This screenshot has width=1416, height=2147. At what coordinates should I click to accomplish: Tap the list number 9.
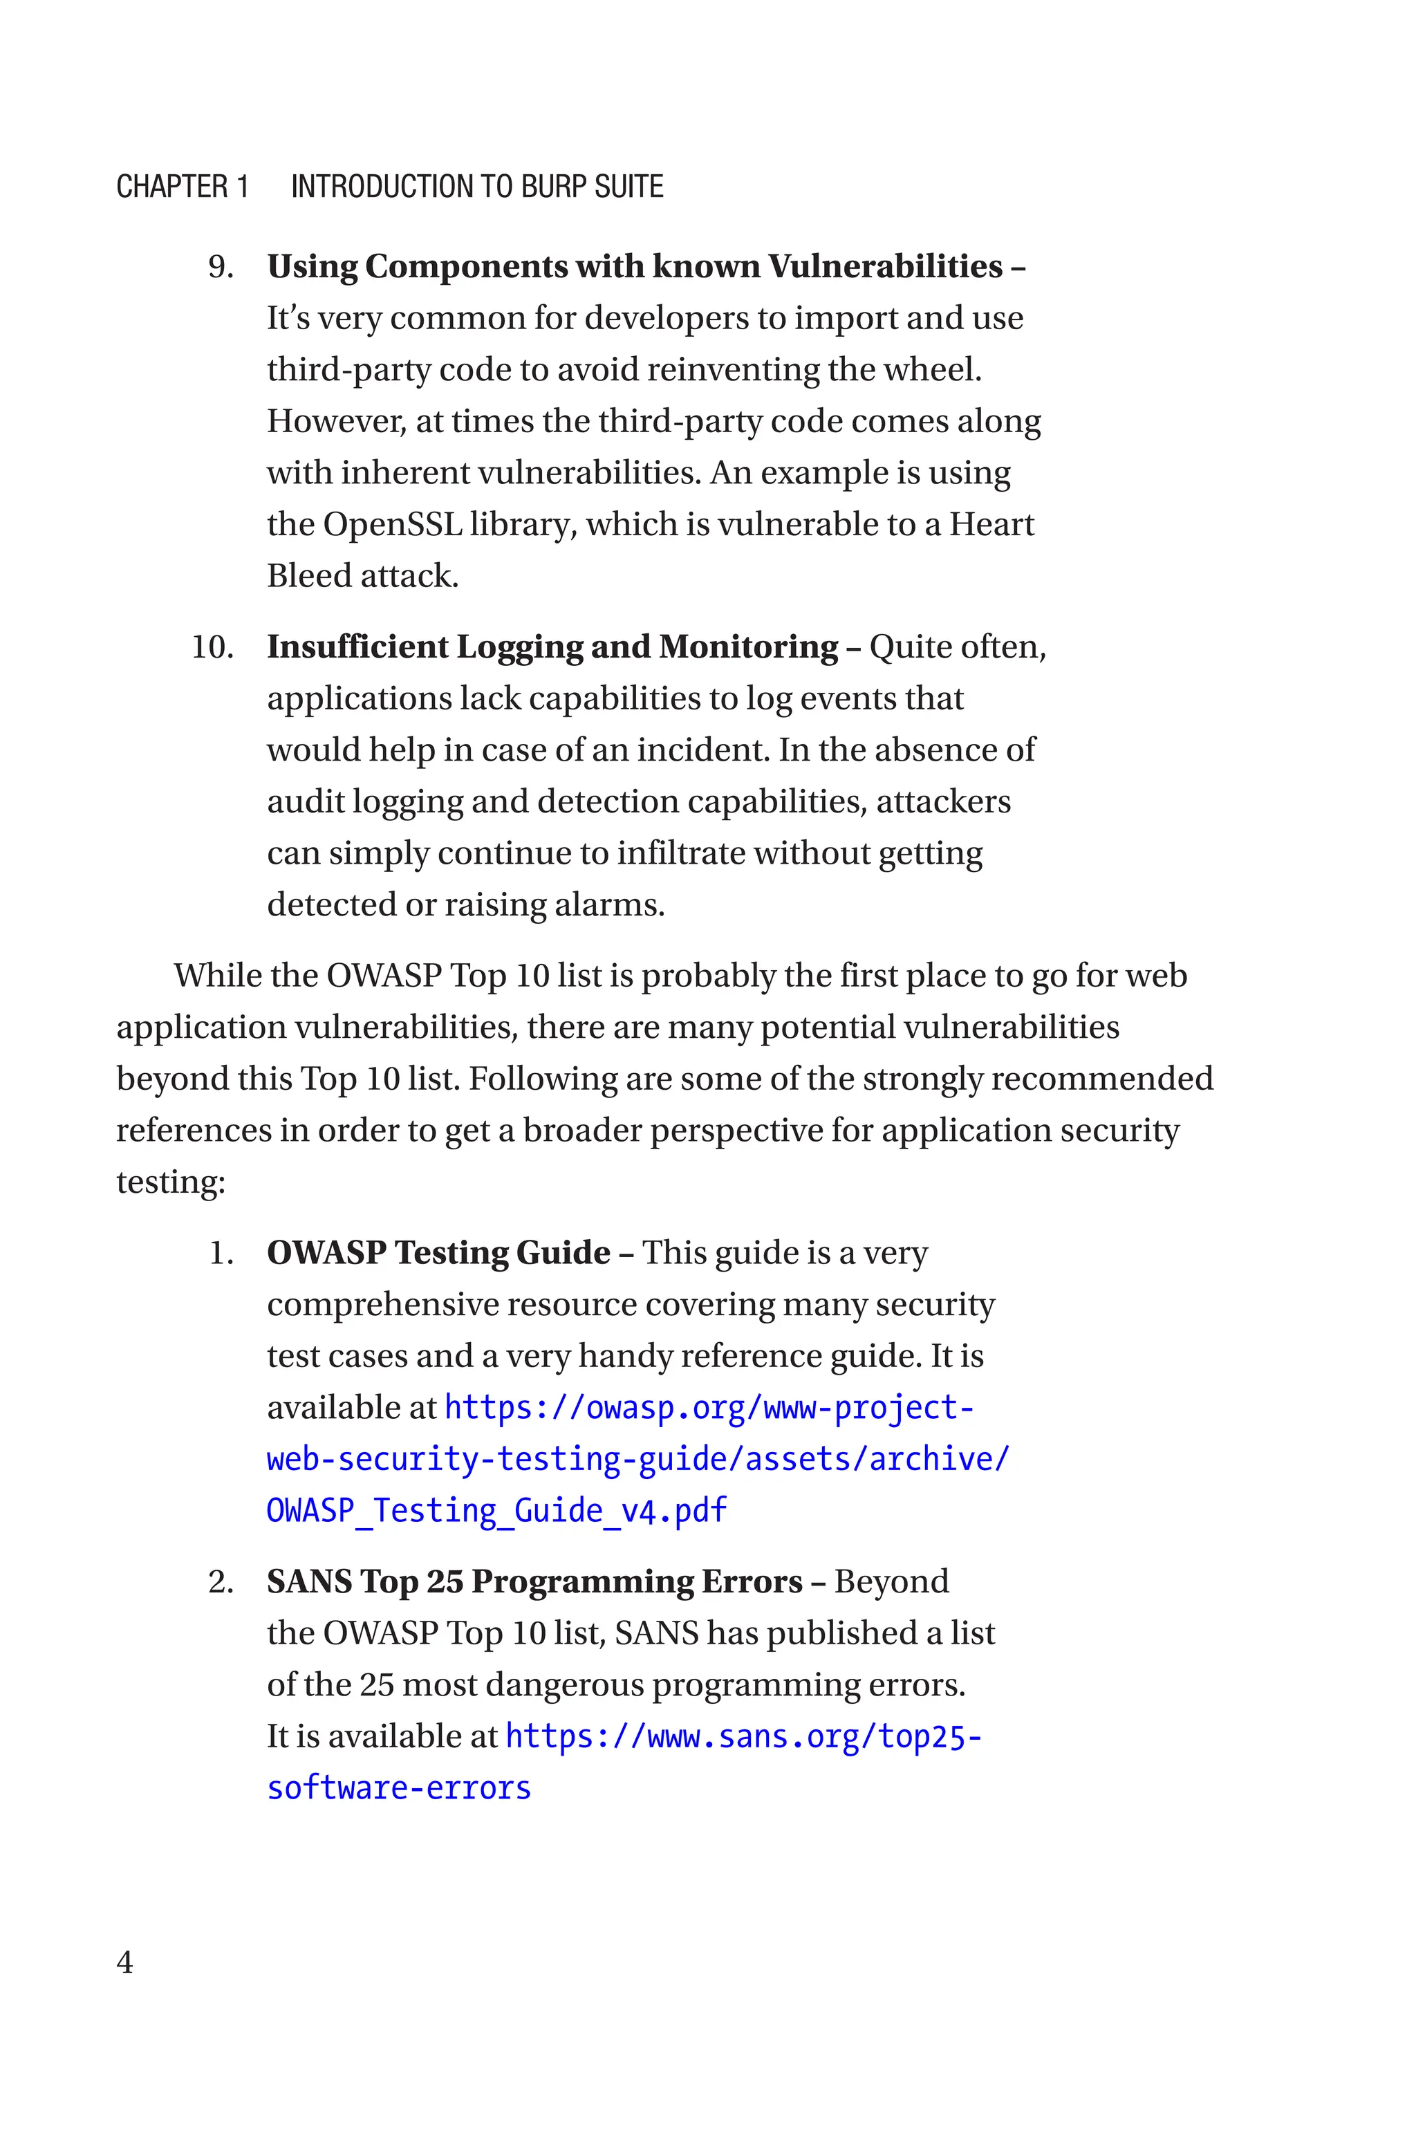pos(221,267)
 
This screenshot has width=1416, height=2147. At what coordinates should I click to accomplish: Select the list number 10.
pos(212,647)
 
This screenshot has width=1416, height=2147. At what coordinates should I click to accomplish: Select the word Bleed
pos(309,576)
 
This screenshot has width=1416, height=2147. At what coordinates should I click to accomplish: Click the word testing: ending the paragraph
pos(171,1182)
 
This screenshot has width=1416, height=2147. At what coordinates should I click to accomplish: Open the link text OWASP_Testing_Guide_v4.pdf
pos(496,1510)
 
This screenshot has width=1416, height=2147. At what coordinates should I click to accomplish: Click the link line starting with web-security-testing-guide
pos(637,1459)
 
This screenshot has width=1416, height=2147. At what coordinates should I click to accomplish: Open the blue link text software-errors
pos(398,1787)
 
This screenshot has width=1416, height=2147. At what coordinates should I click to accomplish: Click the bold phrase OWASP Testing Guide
pos(439,1253)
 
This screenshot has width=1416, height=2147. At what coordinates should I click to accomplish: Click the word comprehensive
pos(381,1305)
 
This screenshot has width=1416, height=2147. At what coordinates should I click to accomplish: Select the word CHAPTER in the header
pos(172,187)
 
